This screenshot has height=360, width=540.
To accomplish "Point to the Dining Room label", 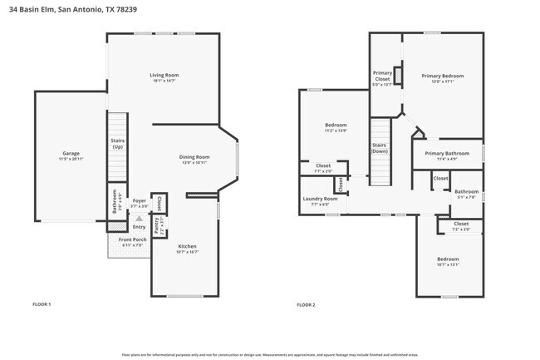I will (195, 158).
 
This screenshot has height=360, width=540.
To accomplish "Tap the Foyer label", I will (140, 202).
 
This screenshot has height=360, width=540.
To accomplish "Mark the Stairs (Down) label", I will (380, 148).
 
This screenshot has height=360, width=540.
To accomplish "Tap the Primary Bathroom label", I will (447, 154).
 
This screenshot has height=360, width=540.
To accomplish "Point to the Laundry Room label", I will (319, 200).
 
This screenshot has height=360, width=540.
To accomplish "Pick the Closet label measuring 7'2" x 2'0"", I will (460, 224).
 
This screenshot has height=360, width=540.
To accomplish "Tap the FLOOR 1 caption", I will (42, 304).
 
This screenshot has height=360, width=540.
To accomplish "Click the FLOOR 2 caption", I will (306, 304).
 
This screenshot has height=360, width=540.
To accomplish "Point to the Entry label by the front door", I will (139, 227).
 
